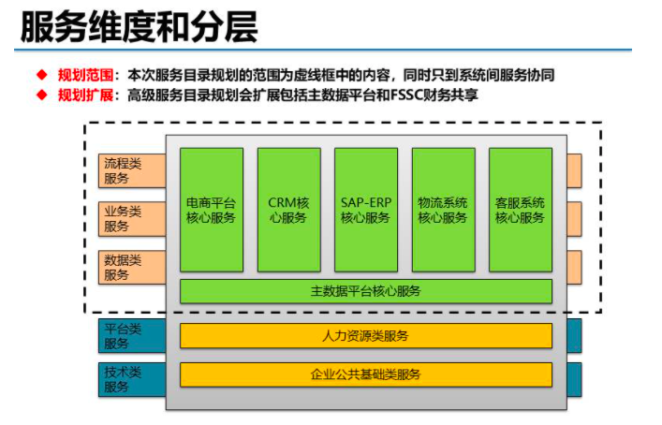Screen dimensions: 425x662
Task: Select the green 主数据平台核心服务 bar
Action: pyautogui.click(x=365, y=291)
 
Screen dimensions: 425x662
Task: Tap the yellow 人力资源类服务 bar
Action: pyautogui.click(x=365, y=335)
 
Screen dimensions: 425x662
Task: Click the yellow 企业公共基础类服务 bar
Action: pyautogui.click(x=365, y=374)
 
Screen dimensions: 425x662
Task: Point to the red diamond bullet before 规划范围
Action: pyautogui.click(x=41, y=74)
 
